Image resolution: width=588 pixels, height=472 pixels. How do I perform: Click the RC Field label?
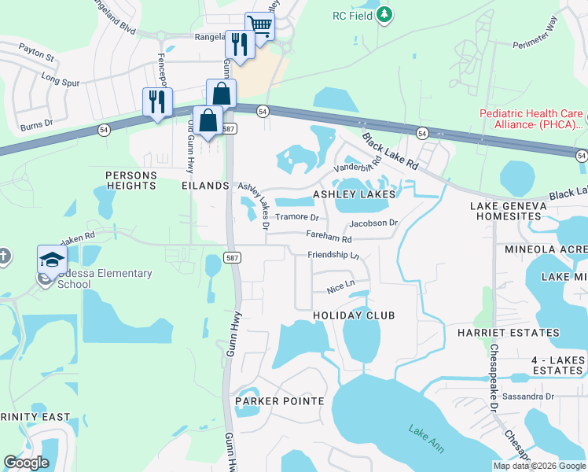351,16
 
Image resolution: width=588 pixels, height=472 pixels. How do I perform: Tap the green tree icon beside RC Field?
384,14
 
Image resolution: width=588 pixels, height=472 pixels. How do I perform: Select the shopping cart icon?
259,26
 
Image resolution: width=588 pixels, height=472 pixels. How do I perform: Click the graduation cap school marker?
52,259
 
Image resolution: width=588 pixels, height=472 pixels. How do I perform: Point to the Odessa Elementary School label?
104,278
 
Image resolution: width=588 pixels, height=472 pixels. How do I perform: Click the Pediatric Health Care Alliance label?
532,118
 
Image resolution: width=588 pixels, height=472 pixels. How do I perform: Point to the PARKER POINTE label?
280,401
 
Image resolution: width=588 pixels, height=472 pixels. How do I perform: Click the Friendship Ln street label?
333,256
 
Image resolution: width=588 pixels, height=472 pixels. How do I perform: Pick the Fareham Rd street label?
329,237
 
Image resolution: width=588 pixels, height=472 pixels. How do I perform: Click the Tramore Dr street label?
297,217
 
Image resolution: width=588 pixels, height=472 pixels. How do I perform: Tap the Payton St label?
37,57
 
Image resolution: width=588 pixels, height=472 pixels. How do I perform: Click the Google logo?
26,463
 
